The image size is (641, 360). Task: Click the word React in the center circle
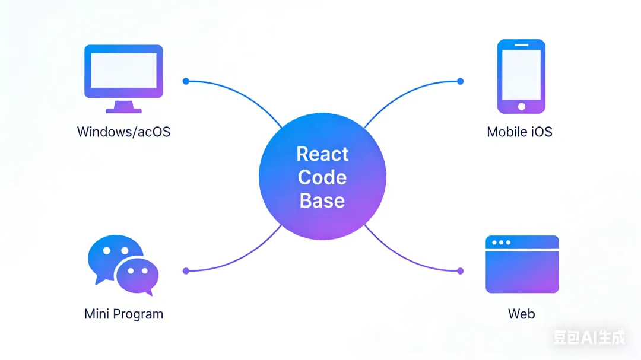tap(322, 154)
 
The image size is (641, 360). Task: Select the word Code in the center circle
tap(322, 177)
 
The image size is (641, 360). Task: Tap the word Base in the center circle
tap(322, 200)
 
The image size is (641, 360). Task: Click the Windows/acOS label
tap(123, 132)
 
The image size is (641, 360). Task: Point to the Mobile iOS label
tap(519, 132)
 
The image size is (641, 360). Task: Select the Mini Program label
tap(123, 314)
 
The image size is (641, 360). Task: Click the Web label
tap(521, 314)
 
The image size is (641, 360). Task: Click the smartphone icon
tap(521, 76)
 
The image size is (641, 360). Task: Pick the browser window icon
tap(522, 265)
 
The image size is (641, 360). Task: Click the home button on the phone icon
tap(522, 107)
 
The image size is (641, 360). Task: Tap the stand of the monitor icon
tap(123, 107)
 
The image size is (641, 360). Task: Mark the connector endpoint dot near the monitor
tap(186, 81)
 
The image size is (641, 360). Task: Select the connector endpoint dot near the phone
tap(461, 81)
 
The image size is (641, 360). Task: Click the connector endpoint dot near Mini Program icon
tap(186, 271)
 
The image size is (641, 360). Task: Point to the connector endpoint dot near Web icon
tap(461, 271)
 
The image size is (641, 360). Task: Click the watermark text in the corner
tap(589, 338)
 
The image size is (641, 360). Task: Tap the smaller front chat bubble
tap(137, 274)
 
